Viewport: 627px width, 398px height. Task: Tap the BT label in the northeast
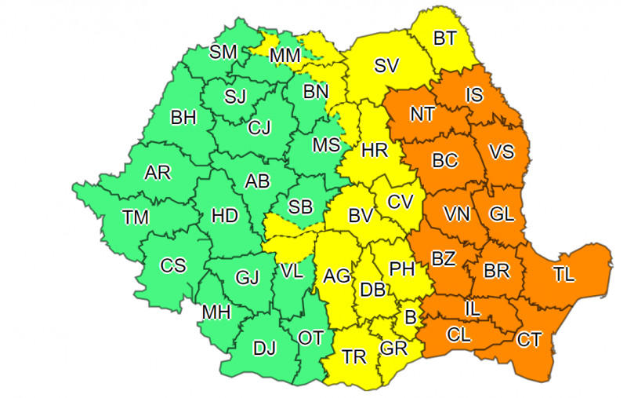(444, 38)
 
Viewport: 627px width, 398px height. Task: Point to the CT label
(529, 340)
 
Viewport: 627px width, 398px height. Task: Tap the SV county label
(386, 66)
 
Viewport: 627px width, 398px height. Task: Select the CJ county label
(259, 127)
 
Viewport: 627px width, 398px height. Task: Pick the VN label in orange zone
(458, 214)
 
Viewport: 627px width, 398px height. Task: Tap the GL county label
(502, 214)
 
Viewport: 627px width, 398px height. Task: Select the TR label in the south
(354, 357)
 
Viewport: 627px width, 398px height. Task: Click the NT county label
(422, 114)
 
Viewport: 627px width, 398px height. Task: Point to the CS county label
(173, 265)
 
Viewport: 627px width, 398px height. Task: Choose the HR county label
(375, 150)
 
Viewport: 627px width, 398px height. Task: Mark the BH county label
(183, 118)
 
